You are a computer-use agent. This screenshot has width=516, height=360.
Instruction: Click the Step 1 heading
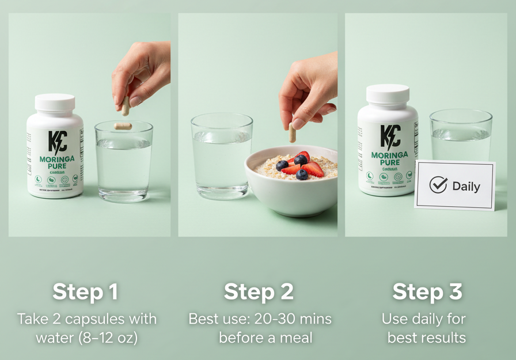coord(85,292)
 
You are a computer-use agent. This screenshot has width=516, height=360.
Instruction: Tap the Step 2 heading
coord(259,292)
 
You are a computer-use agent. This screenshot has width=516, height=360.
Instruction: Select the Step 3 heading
coord(427,292)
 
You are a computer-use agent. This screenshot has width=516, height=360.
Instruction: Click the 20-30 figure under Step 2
coord(275,319)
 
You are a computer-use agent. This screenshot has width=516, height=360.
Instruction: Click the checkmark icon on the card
coord(438,185)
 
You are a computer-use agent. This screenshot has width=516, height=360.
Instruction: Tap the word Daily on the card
coord(466,186)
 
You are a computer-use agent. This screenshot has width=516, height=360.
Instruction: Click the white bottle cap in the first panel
coord(55,103)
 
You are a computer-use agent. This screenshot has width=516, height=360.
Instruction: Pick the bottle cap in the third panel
coord(388,94)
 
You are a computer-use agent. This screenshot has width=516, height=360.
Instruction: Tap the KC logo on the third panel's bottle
coord(390,136)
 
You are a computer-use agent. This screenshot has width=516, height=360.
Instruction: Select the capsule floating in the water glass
coord(123,126)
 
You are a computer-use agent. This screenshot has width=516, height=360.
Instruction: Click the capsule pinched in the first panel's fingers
coord(126,105)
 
